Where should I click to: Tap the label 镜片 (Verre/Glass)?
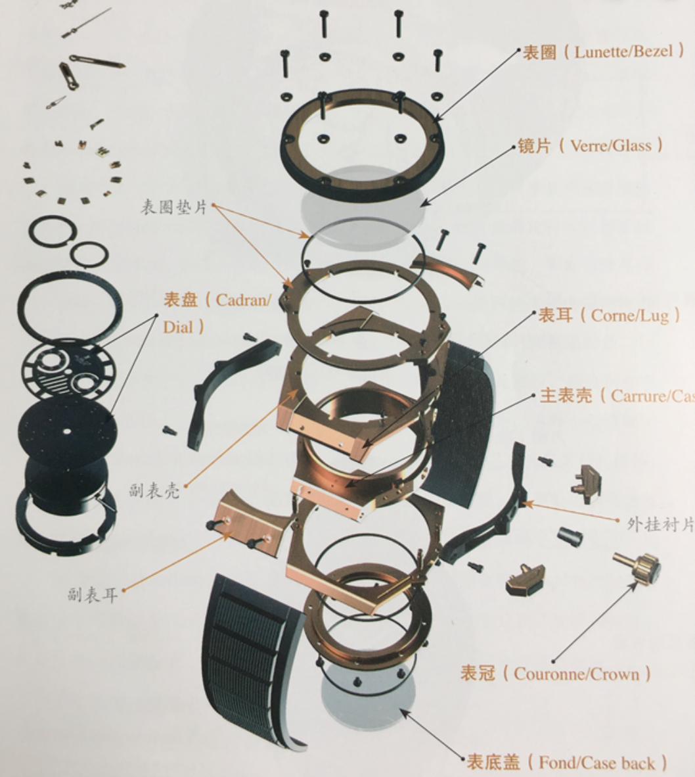coord(590,145)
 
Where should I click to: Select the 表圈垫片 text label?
coord(173,207)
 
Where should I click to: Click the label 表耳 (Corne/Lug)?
coord(608,316)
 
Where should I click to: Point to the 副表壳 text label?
coord(154,490)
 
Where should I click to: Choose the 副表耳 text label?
coord(92,595)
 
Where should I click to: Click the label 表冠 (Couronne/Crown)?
coord(555,674)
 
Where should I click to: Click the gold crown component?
coord(638,567)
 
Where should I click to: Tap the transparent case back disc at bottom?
coord(368,697)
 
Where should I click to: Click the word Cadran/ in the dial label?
coord(242,300)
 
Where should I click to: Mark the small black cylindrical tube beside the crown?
coord(570,536)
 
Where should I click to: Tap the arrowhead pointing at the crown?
coord(555,659)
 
